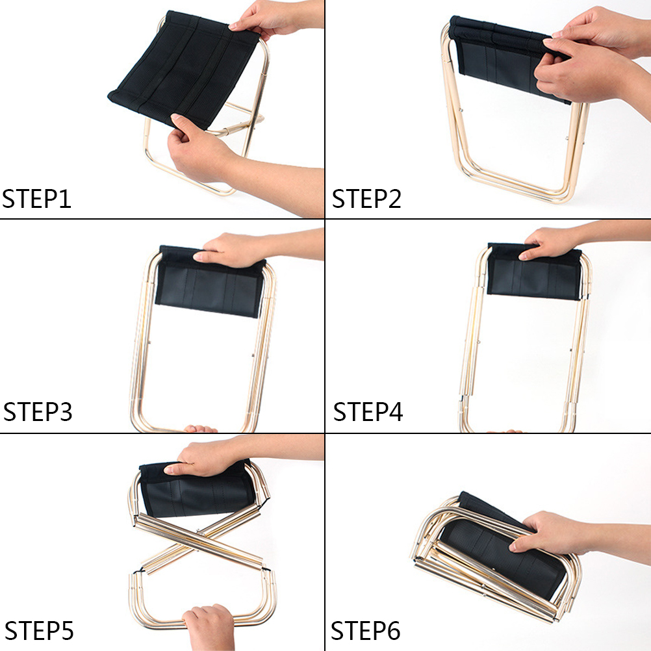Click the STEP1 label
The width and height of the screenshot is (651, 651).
(x=36, y=198)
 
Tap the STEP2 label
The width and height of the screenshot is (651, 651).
(x=366, y=198)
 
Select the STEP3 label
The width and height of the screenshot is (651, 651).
(x=38, y=411)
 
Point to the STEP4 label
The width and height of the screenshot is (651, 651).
(x=368, y=411)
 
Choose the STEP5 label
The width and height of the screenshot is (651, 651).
(x=39, y=631)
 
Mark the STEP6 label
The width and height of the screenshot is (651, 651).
(x=365, y=631)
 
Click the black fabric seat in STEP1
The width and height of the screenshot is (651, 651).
(x=183, y=68)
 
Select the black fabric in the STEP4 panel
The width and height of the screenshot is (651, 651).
(x=535, y=272)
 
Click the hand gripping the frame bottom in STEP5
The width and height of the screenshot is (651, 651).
(x=210, y=627)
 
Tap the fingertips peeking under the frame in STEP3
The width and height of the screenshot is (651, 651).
(x=201, y=429)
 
